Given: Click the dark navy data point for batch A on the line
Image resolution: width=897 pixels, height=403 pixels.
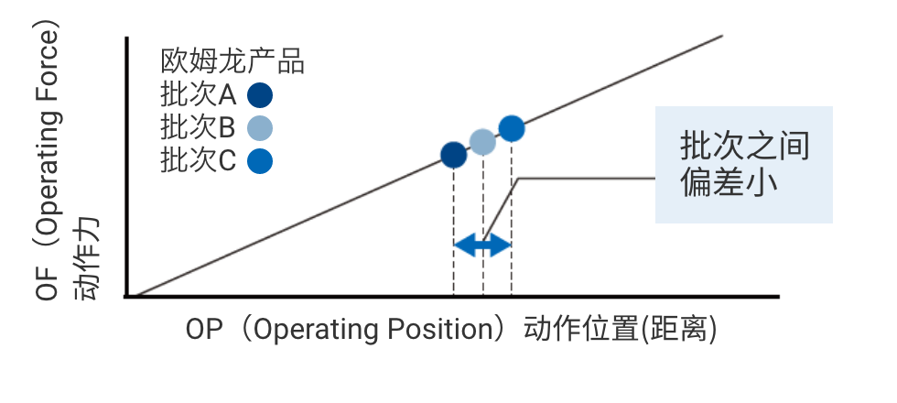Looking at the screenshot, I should (x=454, y=155).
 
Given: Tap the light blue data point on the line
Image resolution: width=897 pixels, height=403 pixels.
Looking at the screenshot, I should (x=482, y=141).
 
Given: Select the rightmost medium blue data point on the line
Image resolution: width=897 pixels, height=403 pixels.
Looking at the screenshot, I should (x=512, y=128).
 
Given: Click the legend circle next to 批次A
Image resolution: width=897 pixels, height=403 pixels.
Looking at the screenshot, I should (x=261, y=95).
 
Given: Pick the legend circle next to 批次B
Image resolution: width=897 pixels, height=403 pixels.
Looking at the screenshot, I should (x=261, y=127).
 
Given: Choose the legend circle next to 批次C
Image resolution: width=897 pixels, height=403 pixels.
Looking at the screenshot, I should (x=261, y=160).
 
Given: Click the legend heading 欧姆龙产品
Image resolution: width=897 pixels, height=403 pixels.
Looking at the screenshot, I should (x=232, y=62).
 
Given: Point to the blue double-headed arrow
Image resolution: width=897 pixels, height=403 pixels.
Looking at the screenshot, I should (x=482, y=245).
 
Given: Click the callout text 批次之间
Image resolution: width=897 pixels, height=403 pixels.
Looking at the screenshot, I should (x=744, y=147).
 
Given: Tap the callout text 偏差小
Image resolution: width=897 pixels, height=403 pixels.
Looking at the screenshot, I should (x=729, y=182).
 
